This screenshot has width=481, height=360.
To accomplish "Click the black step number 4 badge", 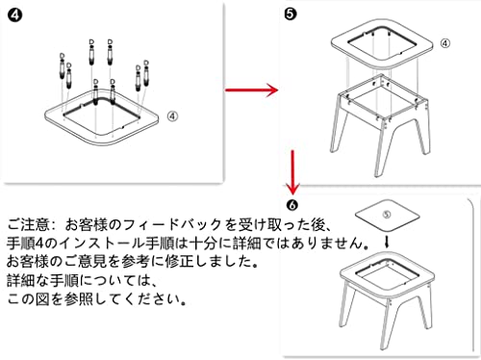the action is (14, 15).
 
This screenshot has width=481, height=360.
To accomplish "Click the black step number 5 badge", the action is (291, 14).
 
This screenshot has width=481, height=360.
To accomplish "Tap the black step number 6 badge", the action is (291, 205).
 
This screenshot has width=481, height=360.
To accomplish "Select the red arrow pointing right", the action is (251, 90).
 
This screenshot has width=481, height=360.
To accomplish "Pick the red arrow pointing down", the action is (292, 172).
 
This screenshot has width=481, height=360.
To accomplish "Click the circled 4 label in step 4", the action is (172, 116).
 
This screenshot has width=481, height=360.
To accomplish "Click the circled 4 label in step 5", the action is (445, 43).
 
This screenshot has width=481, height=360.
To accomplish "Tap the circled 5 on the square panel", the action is (387, 214).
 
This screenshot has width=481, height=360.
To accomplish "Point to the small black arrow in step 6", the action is (387, 243).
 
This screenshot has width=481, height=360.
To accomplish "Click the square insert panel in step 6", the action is (388, 215).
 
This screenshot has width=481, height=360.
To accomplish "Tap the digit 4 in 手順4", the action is (39, 244).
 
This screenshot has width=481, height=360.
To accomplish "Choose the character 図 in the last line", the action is (42, 299).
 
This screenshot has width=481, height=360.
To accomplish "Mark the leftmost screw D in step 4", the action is (63, 66).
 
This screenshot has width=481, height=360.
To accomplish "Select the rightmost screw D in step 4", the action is (146, 72).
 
